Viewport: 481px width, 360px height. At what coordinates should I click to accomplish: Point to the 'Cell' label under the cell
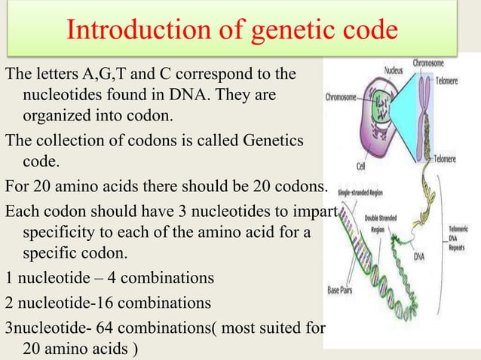(x=363, y=166)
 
